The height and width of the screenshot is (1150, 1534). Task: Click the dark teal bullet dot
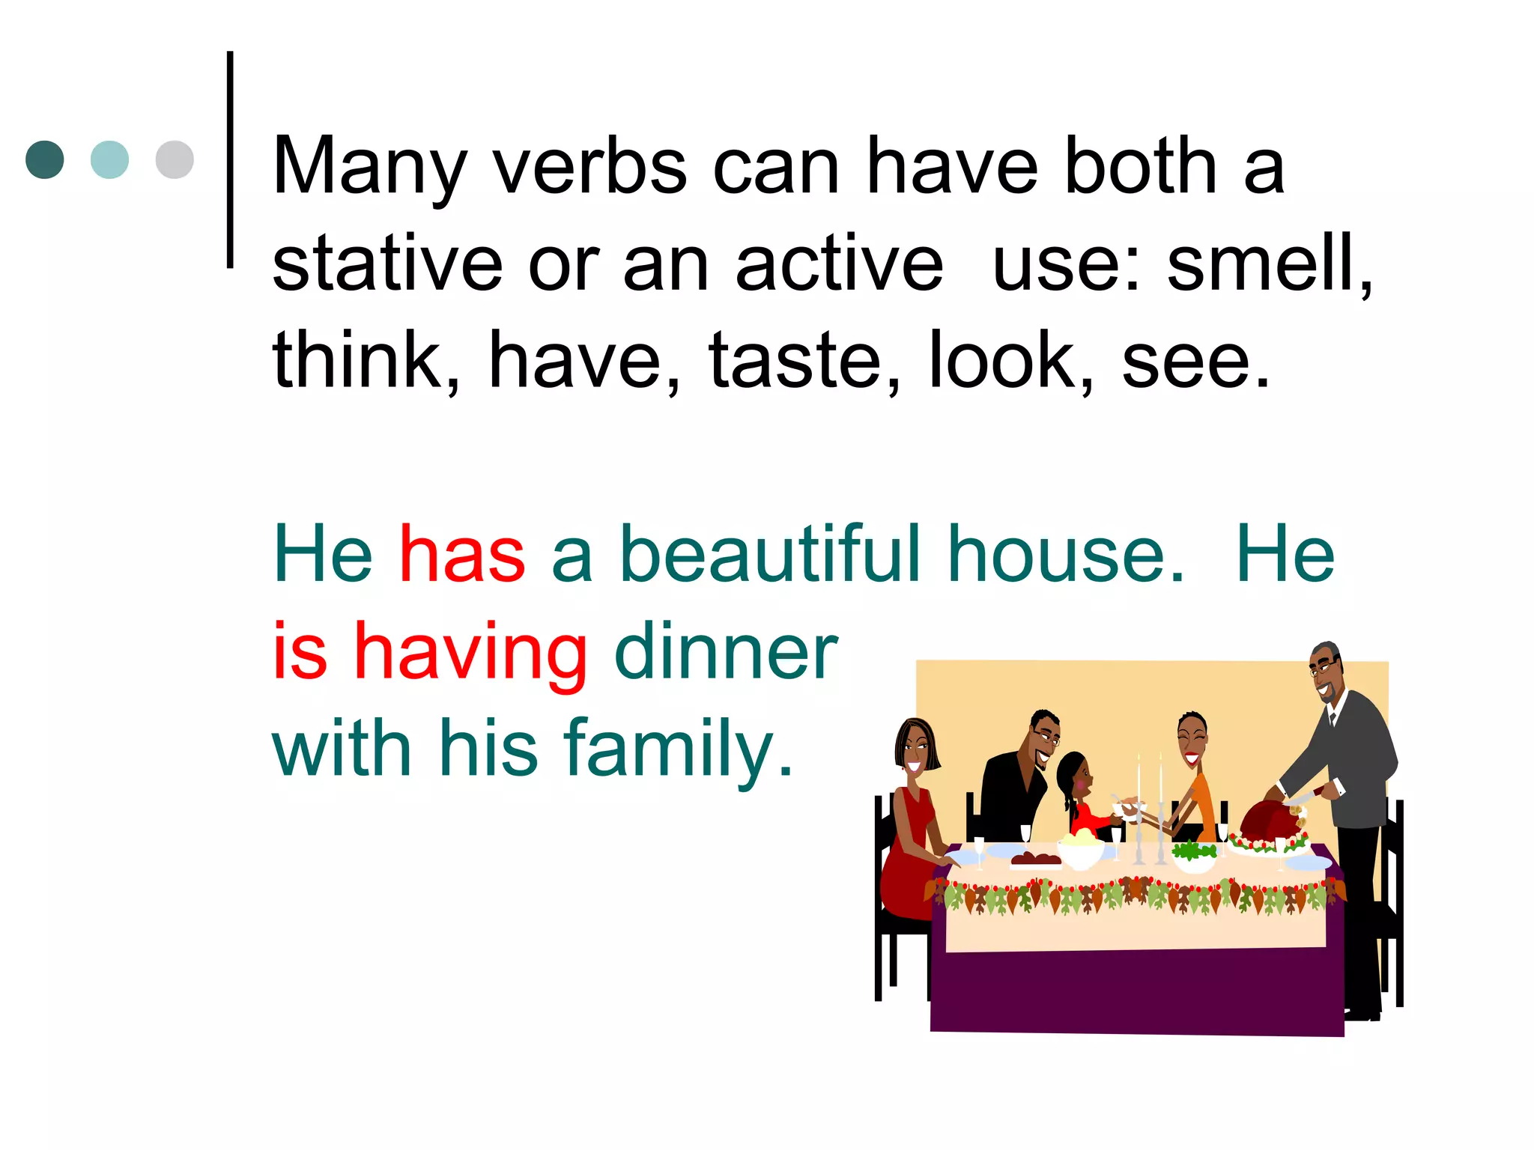45,159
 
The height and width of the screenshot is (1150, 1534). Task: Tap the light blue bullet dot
109,159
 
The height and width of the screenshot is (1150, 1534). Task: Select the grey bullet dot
175,159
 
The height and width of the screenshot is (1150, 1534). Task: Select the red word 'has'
462,554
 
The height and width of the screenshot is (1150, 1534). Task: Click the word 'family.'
678,749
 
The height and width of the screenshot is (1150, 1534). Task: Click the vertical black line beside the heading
230,159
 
